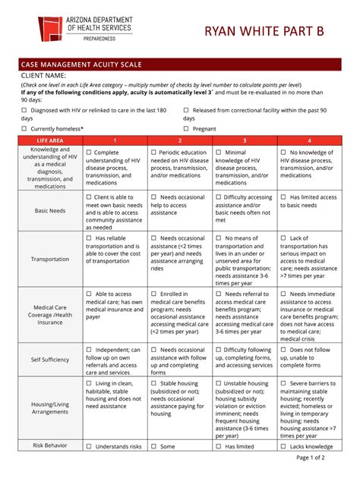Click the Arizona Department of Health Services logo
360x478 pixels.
[x=49, y=21]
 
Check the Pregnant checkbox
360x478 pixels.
[x=186, y=129]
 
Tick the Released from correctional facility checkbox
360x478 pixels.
[x=186, y=109]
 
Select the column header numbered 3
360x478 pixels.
[x=245, y=141]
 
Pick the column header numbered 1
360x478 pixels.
[x=115, y=141]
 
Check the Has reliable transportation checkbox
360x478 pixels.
[x=89, y=238]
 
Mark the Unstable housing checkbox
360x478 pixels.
[x=219, y=383]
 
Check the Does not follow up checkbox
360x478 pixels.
[x=283, y=350]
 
